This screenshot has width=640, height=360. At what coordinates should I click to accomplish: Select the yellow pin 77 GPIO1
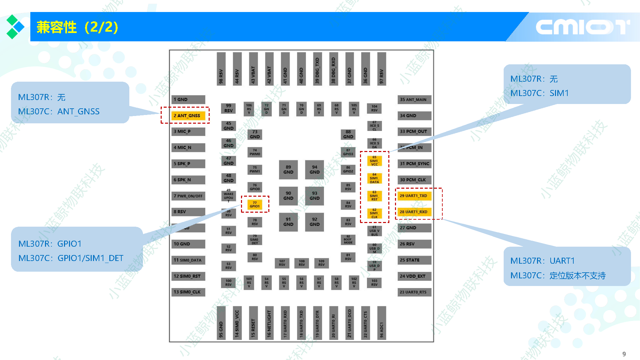255,204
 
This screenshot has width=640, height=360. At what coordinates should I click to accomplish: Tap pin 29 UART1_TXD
414,196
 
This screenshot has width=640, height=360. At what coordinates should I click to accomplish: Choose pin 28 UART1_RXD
414,212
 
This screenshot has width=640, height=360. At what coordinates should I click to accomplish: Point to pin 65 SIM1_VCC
374,161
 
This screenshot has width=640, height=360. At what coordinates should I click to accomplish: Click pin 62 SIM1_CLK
374,213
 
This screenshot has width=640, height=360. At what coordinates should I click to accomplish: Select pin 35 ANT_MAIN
414,99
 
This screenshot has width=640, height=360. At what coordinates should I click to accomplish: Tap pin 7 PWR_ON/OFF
188,196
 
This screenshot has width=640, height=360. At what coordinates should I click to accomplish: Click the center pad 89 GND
288,170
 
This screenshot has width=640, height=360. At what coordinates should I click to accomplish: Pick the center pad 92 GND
314,222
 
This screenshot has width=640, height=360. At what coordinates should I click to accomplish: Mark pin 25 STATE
414,260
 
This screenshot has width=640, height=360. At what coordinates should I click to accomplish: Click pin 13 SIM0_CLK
188,292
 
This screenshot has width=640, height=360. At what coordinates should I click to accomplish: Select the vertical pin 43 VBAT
253,69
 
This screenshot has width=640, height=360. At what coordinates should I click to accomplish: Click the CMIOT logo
582,27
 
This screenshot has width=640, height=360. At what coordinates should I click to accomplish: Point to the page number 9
624,354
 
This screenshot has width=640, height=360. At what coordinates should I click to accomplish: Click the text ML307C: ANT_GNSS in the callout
59,111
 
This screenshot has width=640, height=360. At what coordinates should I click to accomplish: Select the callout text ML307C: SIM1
539,93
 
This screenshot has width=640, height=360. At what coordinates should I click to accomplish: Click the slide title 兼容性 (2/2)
77,27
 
